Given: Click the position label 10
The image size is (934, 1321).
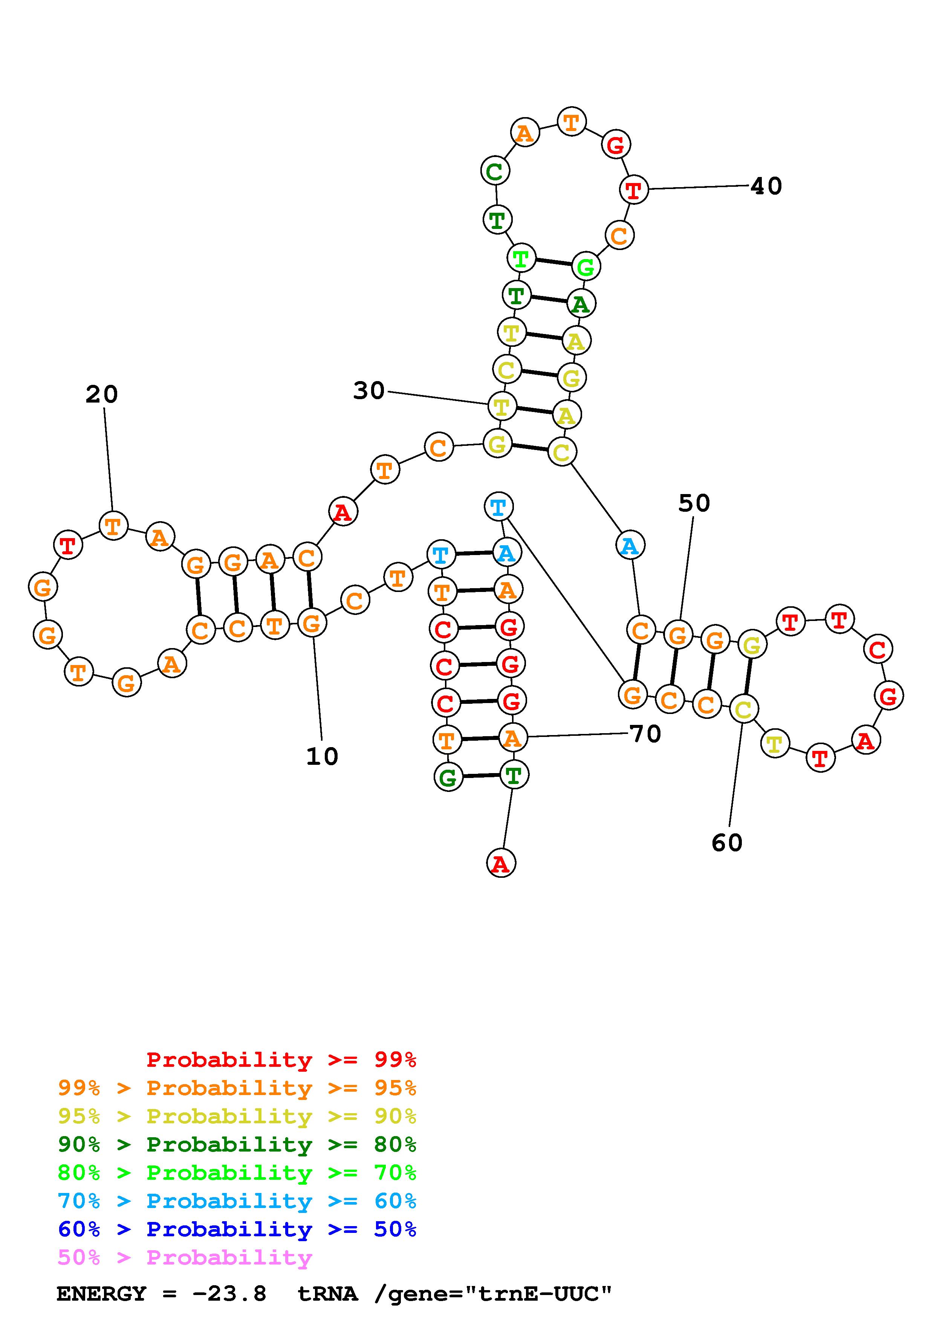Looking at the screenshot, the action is (322, 757).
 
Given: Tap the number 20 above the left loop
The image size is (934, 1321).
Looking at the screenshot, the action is (102, 394).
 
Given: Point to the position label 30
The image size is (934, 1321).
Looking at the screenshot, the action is (369, 391).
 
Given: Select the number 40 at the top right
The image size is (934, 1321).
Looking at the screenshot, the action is (767, 186).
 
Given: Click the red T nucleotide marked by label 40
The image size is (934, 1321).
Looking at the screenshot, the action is (634, 190).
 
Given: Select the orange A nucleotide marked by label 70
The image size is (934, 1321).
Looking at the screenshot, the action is (512, 738).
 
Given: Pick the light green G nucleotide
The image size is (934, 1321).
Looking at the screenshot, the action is (586, 267).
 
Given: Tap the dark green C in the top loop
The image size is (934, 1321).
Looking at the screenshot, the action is (495, 171).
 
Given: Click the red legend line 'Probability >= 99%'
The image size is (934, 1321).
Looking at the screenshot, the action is (281, 1059).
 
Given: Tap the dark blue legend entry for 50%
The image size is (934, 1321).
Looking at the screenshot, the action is (237, 1229).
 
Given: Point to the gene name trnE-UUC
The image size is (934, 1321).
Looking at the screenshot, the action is (538, 1294).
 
